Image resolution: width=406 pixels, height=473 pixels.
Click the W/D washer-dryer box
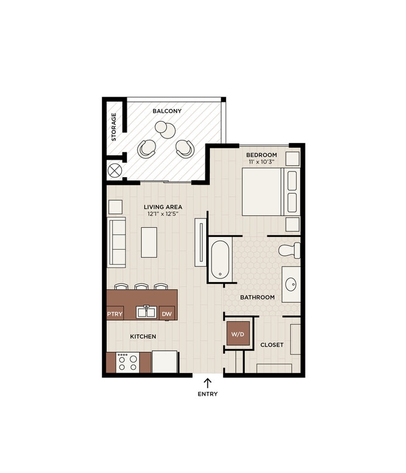tap(238, 334)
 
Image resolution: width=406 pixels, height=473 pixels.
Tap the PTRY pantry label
tap(115, 314)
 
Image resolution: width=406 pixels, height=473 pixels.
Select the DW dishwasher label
tap(166, 314)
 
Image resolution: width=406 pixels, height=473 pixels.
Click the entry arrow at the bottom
tap(207, 382)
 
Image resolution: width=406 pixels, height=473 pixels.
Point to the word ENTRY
tap(207, 394)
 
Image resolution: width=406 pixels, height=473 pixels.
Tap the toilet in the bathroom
tap(290, 250)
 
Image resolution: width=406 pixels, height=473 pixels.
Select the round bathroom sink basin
tap(291, 285)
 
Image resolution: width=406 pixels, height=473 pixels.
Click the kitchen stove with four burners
tap(127, 363)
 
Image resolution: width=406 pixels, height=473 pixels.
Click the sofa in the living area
tap(117, 241)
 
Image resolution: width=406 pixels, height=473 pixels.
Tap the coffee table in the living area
tap(149, 242)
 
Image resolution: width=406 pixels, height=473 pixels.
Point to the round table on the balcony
tap(166, 129)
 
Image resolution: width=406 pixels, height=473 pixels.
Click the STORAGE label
tap(114, 127)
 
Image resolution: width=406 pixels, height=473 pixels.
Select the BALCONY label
tap(167, 111)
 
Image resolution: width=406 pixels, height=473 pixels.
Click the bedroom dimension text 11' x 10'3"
tap(262, 162)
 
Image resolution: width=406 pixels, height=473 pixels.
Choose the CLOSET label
tap(272, 344)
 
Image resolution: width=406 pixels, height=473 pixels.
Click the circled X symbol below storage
tap(114, 169)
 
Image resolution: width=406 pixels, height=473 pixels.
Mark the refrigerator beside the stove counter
tap(165, 361)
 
